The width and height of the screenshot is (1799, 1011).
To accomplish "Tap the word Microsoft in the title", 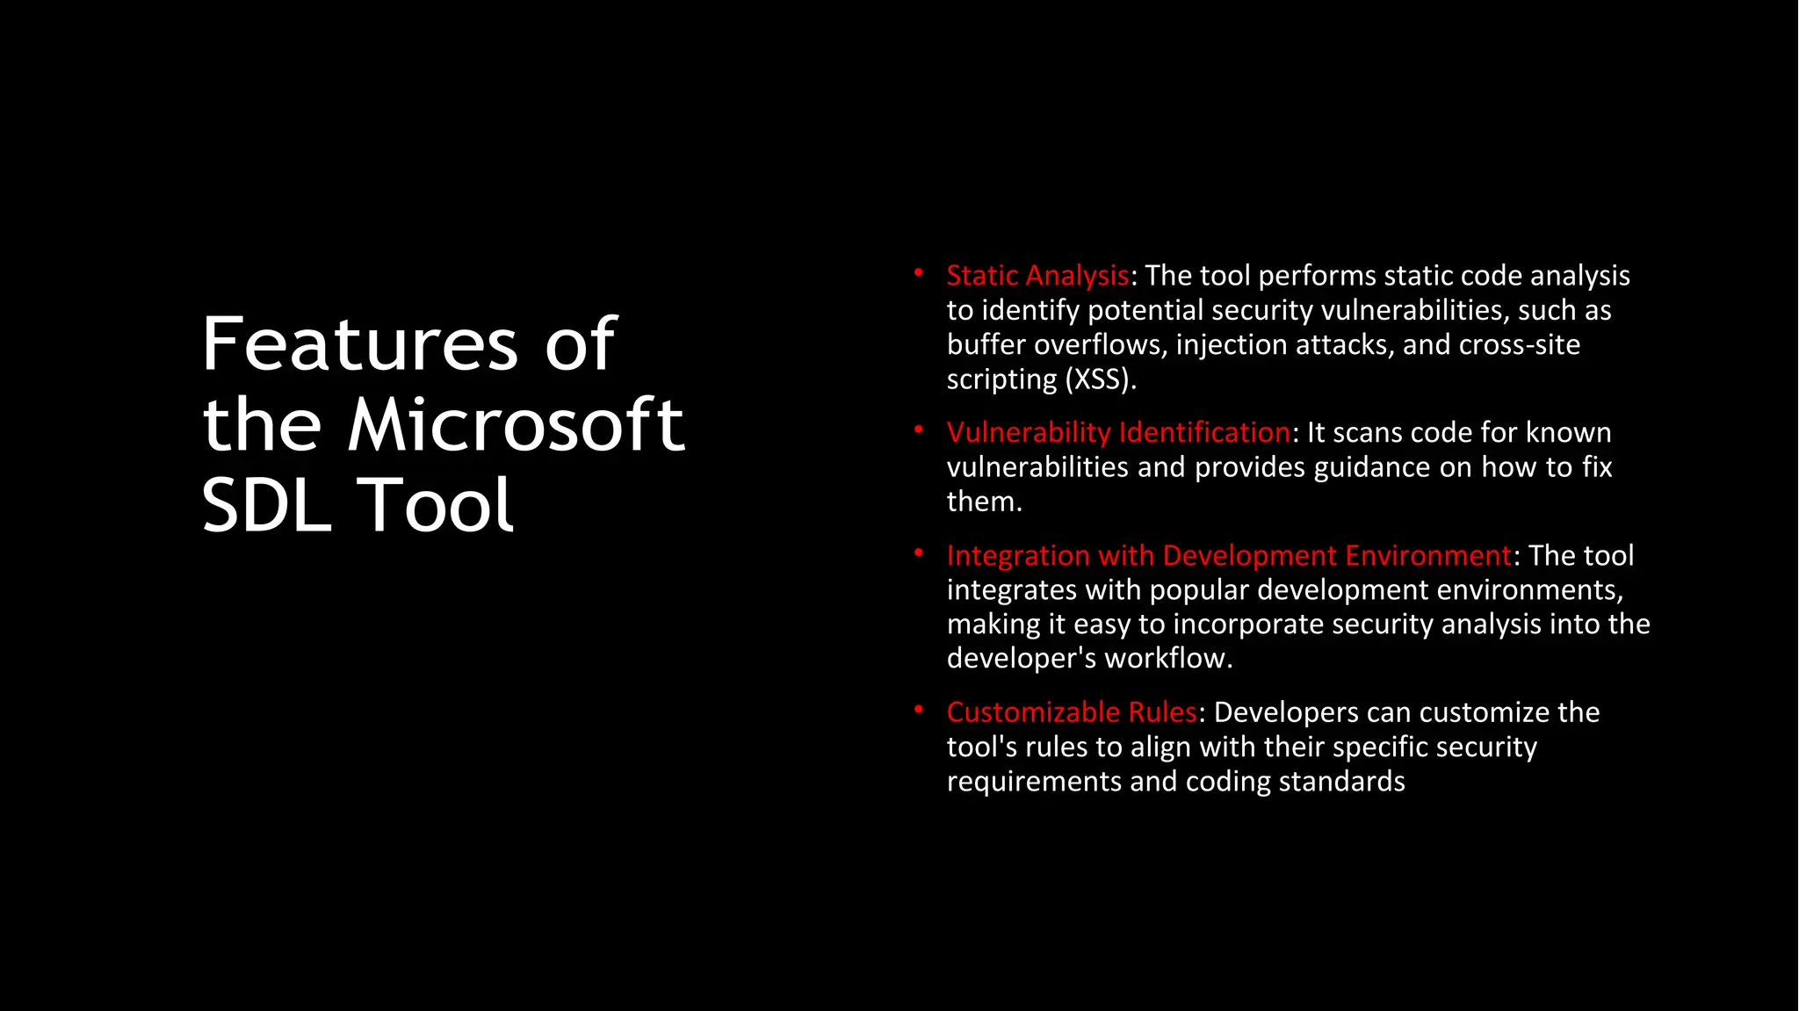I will [x=516, y=425].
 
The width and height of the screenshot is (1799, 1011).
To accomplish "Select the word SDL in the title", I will [x=266, y=505].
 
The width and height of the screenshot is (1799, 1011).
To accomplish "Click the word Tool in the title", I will [x=437, y=505].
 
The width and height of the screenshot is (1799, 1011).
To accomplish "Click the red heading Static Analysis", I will [x=1037, y=276].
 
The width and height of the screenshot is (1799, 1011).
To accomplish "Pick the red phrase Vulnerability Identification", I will [x=1117, y=433].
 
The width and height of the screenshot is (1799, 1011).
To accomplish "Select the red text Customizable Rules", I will [x=1071, y=712].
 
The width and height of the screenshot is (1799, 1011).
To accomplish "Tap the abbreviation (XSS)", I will [x=1101, y=379].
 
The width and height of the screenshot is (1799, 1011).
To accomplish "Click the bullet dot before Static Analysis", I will [x=918, y=273].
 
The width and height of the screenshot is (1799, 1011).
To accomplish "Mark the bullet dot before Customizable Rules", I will [x=918, y=710].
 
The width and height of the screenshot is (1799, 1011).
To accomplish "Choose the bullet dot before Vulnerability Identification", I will [x=918, y=430].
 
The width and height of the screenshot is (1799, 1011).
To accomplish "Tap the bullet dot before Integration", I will [x=918, y=553].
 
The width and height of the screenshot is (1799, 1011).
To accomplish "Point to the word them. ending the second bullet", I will [x=984, y=502].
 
